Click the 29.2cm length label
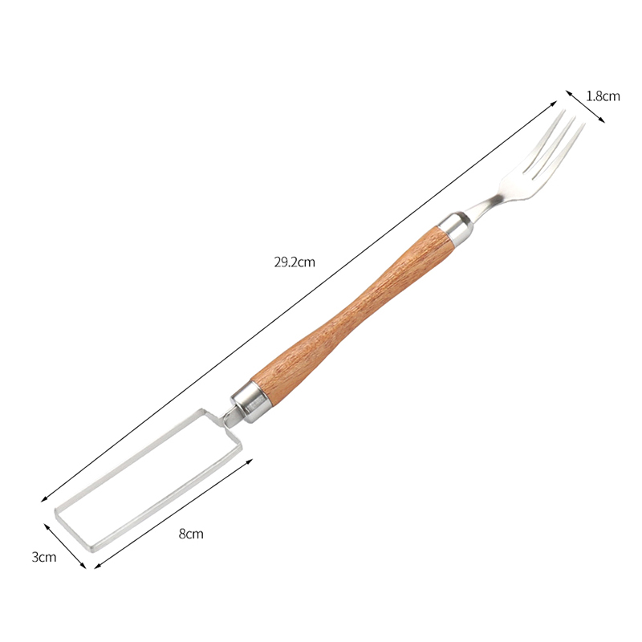295,262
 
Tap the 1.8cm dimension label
603,96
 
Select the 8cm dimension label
191,534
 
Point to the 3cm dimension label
44,557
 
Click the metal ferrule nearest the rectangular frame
249,402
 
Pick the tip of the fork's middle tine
575,117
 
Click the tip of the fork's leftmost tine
565,110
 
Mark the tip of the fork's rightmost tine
584,124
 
